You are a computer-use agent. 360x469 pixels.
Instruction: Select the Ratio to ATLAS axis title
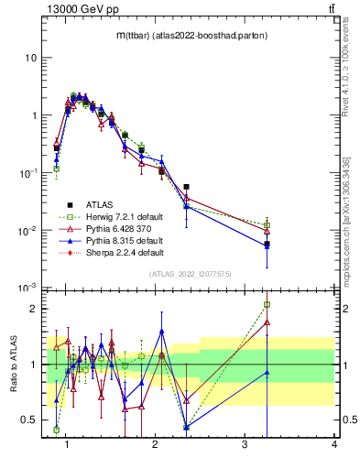point(15,364)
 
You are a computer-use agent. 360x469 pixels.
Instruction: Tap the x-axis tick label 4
point(334,445)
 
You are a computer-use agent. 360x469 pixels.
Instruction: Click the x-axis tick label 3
point(245,445)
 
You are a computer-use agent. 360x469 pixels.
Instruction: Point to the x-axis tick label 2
point(156,445)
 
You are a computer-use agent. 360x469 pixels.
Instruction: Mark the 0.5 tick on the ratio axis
point(28,420)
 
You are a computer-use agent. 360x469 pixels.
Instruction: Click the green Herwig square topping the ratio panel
point(267,305)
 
